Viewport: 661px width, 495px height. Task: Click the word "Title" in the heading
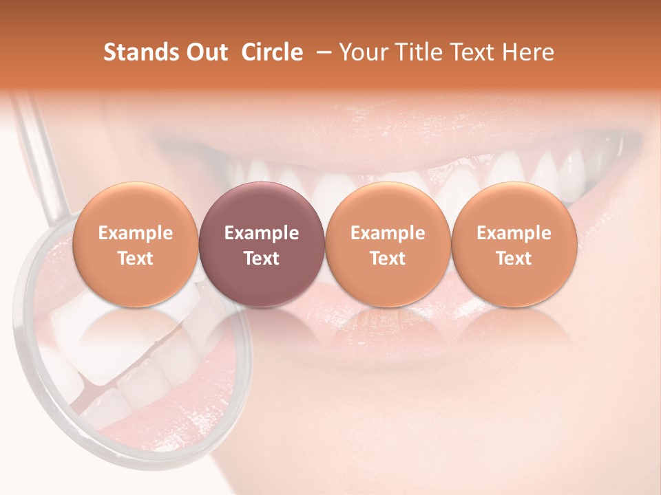pos(417,52)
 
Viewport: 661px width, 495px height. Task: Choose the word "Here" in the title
pos(529,52)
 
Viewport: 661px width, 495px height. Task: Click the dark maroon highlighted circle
pos(262,244)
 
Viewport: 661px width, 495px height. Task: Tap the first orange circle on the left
pos(135,244)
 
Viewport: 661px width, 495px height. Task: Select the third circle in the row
pos(388,244)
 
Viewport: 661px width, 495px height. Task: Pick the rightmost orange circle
pos(514,244)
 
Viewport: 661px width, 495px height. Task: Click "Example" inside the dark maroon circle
pos(262,233)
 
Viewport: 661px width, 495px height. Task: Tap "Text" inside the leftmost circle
pos(135,258)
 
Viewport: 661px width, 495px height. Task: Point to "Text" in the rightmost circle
pos(514,258)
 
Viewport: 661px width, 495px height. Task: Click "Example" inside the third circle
pos(388,233)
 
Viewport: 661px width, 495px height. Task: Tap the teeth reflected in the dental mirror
pos(110,357)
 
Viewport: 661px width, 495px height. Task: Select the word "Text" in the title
pos(475,52)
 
